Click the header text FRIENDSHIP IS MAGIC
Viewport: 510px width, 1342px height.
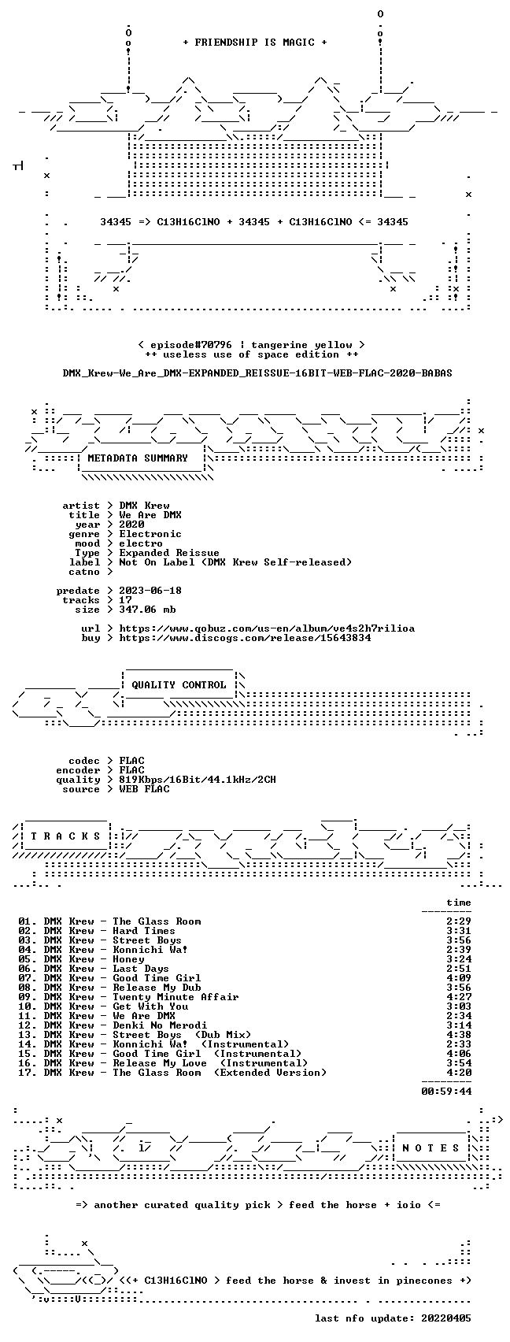click(255, 43)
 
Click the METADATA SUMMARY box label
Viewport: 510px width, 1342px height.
click(138, 458)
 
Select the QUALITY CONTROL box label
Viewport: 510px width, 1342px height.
click(179, 684)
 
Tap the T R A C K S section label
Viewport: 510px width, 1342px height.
click(66, 836)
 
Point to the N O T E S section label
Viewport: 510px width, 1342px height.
click(431, 1148)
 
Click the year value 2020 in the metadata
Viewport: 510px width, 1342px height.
click(131, 525)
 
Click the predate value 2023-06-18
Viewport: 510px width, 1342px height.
click(150, 591)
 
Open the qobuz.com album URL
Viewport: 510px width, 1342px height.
click(267, 628)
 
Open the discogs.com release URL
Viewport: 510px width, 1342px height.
click(245, 638)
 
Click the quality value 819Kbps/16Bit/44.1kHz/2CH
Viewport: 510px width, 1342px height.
click(198, 780)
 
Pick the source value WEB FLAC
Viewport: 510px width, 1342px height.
click(144, 790)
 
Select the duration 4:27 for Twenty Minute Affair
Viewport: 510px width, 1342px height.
click(459, 997)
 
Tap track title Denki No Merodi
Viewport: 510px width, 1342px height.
click(160, 1025)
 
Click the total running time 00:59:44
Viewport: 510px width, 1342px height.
click(446, 1092)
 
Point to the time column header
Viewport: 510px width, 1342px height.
click(459, 903)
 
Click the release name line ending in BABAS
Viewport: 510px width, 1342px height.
click(257, 373)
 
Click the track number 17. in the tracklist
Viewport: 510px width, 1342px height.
click(28, 1073)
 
